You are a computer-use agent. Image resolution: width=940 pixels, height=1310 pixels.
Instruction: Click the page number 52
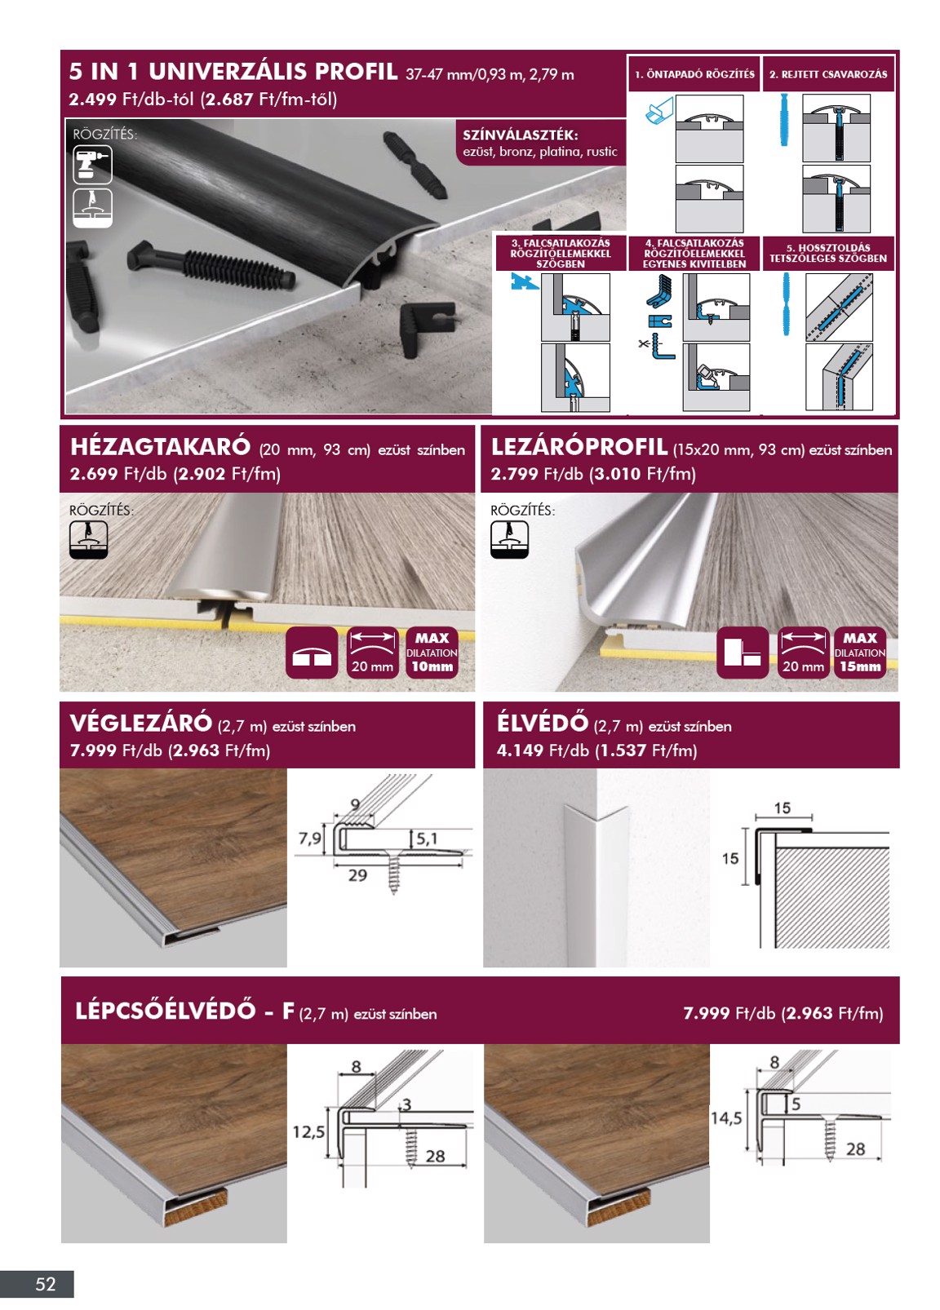[46, 1284]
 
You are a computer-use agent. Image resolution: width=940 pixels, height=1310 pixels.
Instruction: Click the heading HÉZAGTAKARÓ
[160, 447]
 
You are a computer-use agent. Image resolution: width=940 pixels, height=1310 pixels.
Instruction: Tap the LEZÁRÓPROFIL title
[579, 447]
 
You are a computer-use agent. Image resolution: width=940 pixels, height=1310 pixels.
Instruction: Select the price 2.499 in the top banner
[92, 100]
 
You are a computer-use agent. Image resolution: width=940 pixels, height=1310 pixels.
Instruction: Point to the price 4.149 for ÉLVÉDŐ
[520, 750]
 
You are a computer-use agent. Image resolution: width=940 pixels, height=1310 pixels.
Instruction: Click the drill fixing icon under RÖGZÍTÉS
[92, 165]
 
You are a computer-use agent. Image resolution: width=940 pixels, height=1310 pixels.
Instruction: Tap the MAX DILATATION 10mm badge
[432, 653]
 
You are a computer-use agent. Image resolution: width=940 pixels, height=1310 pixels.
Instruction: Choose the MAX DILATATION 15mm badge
[860, 653]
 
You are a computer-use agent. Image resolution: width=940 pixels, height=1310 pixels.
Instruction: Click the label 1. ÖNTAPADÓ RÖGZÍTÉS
[694, 74]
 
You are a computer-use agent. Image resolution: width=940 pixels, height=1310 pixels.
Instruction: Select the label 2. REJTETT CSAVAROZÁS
[827, 74]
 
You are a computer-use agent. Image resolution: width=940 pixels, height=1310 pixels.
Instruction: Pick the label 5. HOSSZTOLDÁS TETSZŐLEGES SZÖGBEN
[827, 253]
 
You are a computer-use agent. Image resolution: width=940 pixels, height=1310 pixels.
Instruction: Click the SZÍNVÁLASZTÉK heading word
[521, 135]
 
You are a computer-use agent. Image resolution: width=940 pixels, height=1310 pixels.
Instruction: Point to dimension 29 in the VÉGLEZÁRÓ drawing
[357, 875]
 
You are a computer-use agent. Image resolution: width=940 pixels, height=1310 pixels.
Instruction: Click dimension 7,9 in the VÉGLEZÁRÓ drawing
[310, 839]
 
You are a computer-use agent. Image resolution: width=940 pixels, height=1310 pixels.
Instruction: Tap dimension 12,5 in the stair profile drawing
[309, 1132]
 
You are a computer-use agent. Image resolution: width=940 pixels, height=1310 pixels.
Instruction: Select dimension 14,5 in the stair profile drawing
[726, 1118]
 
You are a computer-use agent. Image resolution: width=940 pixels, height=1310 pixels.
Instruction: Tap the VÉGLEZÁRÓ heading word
[140, 724]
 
